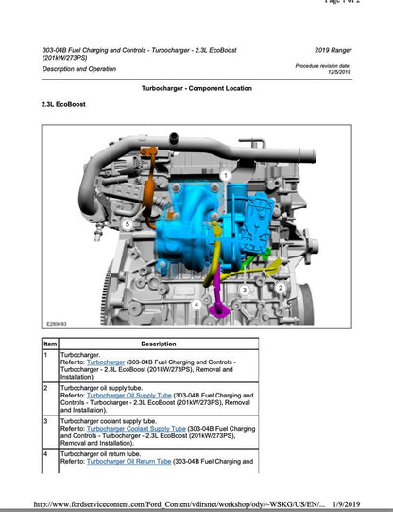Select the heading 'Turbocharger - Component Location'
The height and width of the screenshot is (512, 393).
(x=196, y=87)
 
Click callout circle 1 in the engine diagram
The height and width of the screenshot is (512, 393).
(x=225, y=175)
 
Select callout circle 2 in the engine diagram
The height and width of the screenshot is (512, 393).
(x=280, y=287)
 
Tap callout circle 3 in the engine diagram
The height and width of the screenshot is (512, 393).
(x=244, y=290)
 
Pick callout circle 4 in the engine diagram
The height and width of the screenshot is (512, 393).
(x=196, y=305)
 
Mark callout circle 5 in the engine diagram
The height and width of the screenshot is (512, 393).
(x=127, y=223)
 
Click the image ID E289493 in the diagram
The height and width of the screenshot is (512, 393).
(x=58, y=321)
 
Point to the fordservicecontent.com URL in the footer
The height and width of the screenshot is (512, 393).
(x=179, y=503)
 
